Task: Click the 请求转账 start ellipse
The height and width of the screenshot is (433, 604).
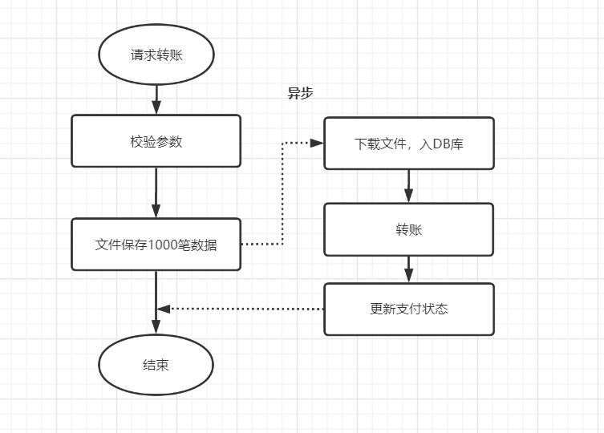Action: click(x=156, y=56)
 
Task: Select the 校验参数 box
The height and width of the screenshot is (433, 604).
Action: click(x=156, y=141)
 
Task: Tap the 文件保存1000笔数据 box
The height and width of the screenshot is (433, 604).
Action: click(x=156, y=245)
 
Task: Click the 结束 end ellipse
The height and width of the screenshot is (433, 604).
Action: click(x=156, y=365)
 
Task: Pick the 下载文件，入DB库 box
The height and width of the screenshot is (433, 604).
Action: click(x=408, y=144)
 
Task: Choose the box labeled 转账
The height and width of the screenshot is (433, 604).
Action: click(x=408, y=229)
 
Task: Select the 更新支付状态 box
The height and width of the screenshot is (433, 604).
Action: click(x=408, y=309)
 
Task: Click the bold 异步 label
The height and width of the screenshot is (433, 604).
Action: click(x=300, y=93)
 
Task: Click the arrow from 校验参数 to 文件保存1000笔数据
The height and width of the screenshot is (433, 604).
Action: click(x=156, y=192)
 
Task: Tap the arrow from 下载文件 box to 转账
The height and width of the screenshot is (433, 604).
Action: click(x=408, y=186)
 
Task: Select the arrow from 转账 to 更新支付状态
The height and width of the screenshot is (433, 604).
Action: click(x=408, y=269)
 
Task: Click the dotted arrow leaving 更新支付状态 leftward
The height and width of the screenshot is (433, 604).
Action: click(x=241, y=309)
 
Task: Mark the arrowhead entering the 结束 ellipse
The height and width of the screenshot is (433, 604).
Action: click(x=156, y=328)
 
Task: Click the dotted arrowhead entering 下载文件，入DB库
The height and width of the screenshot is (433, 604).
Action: click(x=317, y=144)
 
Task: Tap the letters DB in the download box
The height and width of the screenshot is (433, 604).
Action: click(x=441, y=144)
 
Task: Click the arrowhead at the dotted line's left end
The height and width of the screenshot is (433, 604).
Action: click(x=163, y=309)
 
